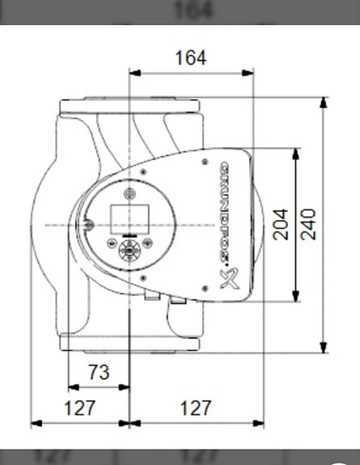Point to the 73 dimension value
click(x=98, y=373)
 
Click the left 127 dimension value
click(x=80, y=408)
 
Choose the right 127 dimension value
click(x=195, y=408)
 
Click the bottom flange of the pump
click(x=129, y=344)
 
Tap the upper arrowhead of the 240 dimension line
click(x=324, y=102)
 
